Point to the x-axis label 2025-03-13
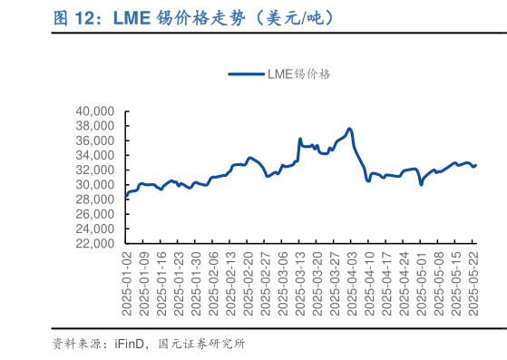click(x=300, y=284)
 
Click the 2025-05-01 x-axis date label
click(x=422, y=284)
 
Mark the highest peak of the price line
click(x=350, y=129)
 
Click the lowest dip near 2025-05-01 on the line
click(x=421, y=184)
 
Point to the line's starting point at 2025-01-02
click(x=127, y=195)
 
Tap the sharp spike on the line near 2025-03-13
click(x=300, y=139)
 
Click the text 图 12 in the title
click(x=72, y=18)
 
